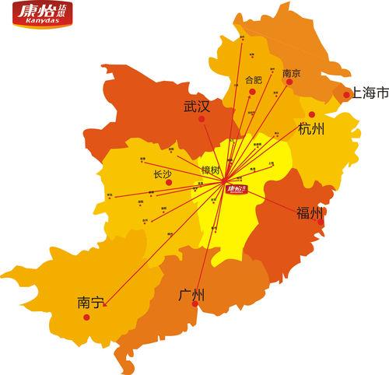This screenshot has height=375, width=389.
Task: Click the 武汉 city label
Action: [197, 107]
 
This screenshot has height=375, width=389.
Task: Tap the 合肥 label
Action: [254, 79]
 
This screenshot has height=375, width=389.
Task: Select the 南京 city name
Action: [292, 73]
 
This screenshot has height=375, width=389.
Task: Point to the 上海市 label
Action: [370, 93]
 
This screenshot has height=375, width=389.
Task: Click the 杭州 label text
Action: [311, 129]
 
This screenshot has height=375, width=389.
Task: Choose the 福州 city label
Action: [309, 213]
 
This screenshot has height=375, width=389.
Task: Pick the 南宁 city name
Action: [90, 302]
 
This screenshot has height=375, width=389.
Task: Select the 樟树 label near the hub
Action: [211, 170]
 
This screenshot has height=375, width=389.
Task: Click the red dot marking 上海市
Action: [346, 95]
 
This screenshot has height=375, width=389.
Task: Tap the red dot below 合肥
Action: [252, 93]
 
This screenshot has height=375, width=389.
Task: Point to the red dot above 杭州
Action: [311, 114]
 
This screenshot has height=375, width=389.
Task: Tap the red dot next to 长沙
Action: [168, 183]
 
